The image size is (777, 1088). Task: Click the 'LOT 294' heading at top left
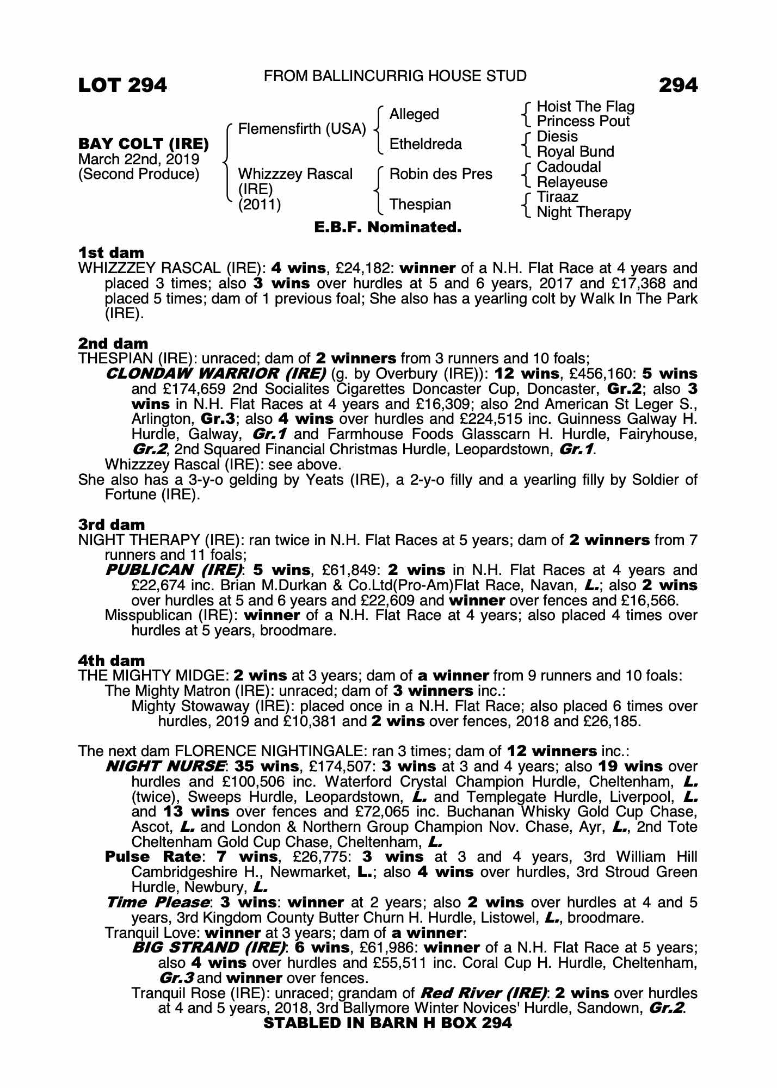122,85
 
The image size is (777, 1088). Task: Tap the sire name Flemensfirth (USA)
302,129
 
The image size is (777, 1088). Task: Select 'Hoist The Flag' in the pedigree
585,107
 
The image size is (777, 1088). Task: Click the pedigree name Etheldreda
425,144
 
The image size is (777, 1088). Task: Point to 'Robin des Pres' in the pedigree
441,174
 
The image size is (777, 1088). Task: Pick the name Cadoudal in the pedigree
568,167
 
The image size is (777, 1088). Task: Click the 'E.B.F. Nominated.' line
388,227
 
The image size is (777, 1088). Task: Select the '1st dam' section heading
112,253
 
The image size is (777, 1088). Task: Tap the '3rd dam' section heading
112,525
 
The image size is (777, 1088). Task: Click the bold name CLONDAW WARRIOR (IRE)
215,374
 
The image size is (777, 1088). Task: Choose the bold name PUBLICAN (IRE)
173,570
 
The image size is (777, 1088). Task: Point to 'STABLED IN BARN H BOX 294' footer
387,1023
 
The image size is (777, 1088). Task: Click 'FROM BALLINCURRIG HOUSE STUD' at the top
395,77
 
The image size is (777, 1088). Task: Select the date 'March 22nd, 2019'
139,159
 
